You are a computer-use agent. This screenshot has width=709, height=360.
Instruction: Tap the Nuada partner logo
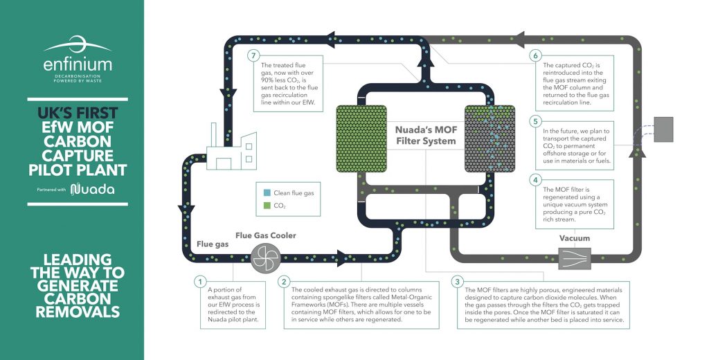point(93,189)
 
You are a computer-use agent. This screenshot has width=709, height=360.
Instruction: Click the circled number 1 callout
point(199,282)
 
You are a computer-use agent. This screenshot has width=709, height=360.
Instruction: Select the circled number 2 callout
point(284,282)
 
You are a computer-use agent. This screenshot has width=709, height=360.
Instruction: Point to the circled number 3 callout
point(456,282)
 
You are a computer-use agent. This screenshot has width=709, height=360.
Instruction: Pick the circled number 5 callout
point(535,121)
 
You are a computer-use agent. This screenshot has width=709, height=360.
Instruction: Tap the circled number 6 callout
point(535,55)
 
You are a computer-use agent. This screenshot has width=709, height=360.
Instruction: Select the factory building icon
point(231,152)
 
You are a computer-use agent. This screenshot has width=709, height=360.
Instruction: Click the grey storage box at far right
point(663,129)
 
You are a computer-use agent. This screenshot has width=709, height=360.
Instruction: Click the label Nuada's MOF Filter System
point(425,135)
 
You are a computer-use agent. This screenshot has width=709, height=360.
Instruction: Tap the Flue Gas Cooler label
point(266,235)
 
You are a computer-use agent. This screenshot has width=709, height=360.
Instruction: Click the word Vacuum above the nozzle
point(575,239)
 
